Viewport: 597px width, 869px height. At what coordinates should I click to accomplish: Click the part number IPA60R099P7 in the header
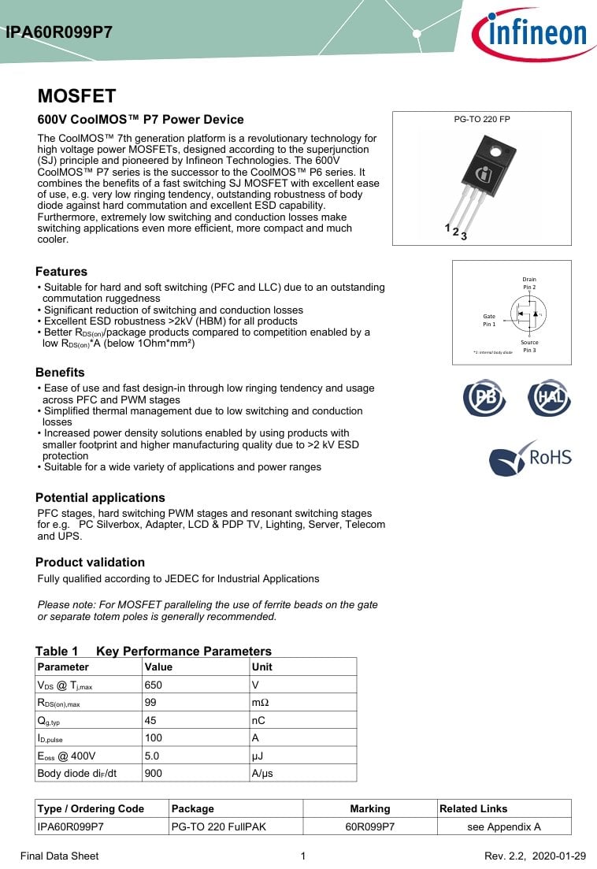tap(59, 33)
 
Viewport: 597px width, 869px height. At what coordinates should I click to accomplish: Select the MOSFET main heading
tap(76, 96)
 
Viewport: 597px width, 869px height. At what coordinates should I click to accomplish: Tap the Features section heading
tap(61, 271)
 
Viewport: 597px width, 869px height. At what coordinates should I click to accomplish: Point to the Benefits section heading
tap(60, 372)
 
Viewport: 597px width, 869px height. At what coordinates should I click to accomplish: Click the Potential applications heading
tap(100, 497)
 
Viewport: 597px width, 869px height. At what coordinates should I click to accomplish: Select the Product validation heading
tap(90, 562)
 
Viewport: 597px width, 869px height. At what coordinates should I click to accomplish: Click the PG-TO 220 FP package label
tap(482, 119)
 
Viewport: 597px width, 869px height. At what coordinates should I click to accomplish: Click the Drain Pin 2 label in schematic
tap(529, 284)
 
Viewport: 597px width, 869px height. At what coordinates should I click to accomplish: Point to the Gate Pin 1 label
tap(489, 320)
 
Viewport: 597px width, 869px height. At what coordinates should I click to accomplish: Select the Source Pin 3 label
tap(529, 346)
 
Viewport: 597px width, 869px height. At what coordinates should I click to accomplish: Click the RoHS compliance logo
tap(530, 458)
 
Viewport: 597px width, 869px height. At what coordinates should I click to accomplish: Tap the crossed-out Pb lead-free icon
tap(484, 398)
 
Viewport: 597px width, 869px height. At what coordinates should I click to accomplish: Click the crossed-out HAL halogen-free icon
tap(550, 398)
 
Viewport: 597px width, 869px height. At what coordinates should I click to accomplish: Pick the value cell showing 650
tap(153, 685)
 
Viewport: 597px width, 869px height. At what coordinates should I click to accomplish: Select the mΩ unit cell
tap(260, 702)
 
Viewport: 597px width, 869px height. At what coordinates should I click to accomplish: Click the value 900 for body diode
tap(153, 773)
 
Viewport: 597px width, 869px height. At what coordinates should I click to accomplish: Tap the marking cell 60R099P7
tap(369, 826)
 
